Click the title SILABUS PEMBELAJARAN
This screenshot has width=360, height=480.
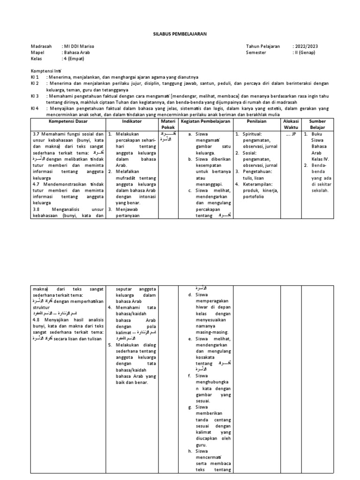pos(180,34)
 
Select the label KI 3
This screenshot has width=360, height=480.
pos(35,96)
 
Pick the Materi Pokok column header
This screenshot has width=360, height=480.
pos(167,124)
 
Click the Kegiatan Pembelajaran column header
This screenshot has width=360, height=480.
pos(206,121)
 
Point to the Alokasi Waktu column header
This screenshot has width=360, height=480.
pos(291,124)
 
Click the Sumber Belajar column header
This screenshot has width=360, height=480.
pos(317,124)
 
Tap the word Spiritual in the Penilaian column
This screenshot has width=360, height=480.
pos(254,134)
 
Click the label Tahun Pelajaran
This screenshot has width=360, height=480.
pos(263,46)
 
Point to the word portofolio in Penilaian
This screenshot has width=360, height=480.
pos(255,197)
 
